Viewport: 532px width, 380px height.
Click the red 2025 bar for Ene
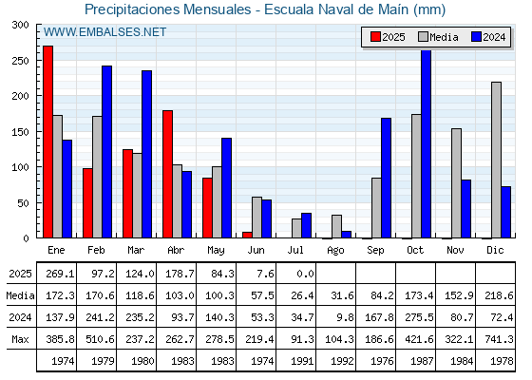coord(48,142)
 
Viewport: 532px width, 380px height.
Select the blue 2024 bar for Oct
coord(427,143)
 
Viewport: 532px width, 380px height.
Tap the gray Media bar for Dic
coord(496,160)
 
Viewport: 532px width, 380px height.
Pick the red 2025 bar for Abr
coord(167,174)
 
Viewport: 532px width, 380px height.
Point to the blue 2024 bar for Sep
coord(386,178)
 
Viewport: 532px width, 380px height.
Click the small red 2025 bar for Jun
coord(247,235)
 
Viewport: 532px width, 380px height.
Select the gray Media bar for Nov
coord(456,183)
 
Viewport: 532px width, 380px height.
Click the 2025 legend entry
coord(388,37)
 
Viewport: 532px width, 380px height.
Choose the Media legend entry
coord(438,37)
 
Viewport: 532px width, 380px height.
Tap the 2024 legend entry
coord(488,37)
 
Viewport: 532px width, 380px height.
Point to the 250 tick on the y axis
coord(20,61)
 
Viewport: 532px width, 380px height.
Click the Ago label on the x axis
coord(335,251)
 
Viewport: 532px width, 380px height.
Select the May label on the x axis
coord(216,251)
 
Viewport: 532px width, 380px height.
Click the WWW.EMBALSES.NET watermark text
coord(104,32)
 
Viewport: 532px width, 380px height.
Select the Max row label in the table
coord(20,339)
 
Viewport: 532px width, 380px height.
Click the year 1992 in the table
coord(342,361)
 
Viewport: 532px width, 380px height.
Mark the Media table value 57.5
coord(262,295)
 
